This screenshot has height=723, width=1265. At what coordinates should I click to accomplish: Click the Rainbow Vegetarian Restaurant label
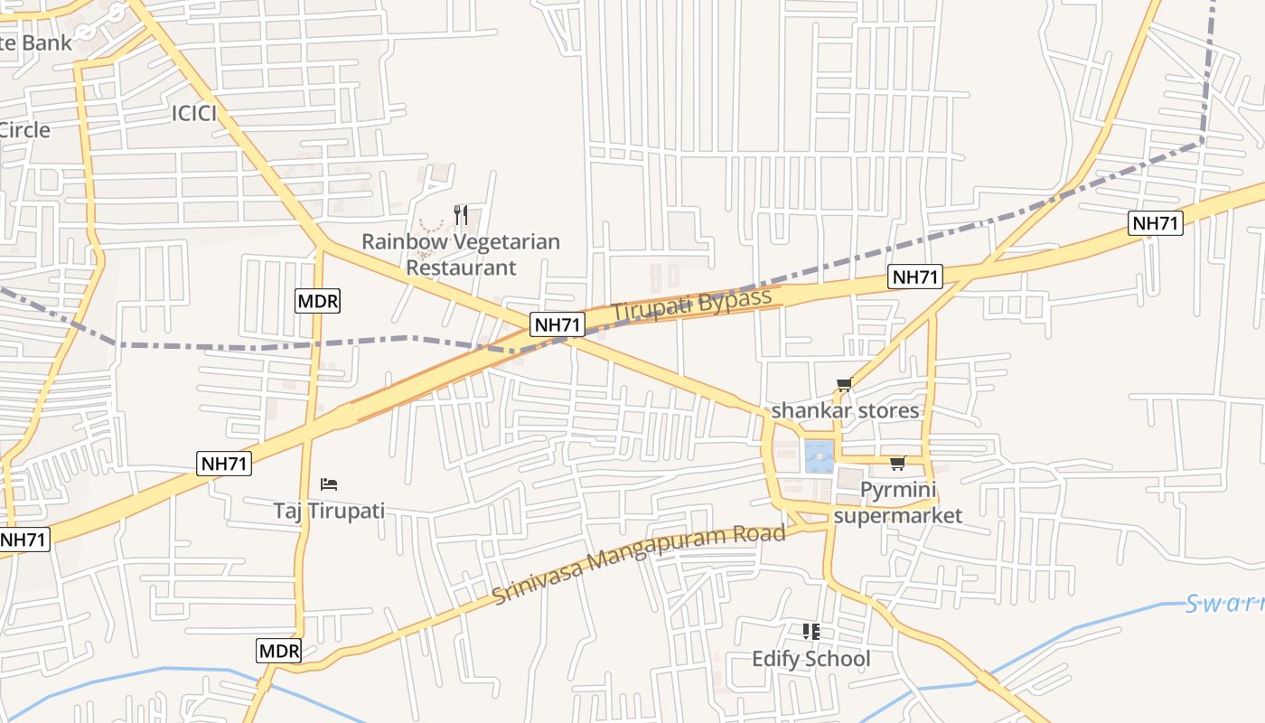(461, 255)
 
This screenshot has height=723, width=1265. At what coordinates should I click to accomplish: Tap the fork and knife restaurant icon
(461, 214)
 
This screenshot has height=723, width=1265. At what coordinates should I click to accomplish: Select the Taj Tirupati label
(329, 511)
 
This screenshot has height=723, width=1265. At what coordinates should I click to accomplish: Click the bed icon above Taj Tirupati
(329, 484)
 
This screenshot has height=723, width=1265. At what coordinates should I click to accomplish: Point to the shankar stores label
(845, 410)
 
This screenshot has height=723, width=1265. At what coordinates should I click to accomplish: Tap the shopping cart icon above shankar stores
(845, 385)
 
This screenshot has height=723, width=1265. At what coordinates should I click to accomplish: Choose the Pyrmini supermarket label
(897, 502)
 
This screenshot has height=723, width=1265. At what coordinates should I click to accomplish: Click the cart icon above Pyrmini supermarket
(897, 464)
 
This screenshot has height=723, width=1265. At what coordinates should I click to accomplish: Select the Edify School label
(811, 659)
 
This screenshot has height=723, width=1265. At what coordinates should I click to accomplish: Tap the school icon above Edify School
(811, 632)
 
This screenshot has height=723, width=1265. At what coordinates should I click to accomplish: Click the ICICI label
(194, 113)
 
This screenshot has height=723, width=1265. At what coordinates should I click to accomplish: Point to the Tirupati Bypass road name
(692, 304)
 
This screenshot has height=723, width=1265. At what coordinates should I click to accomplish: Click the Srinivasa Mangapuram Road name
(639, 564)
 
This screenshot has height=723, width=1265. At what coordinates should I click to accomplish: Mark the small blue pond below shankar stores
(819, 456)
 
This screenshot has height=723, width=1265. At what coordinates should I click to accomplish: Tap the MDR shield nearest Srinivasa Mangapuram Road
(279, 651)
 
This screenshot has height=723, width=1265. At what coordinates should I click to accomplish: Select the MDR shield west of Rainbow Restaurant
(317, 301)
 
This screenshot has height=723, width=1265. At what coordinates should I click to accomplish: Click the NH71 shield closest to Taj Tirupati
(224, 464)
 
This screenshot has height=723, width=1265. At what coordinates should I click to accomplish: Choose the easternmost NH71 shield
(1156, 222)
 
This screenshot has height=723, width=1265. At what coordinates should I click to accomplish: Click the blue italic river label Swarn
(1224, 603)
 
